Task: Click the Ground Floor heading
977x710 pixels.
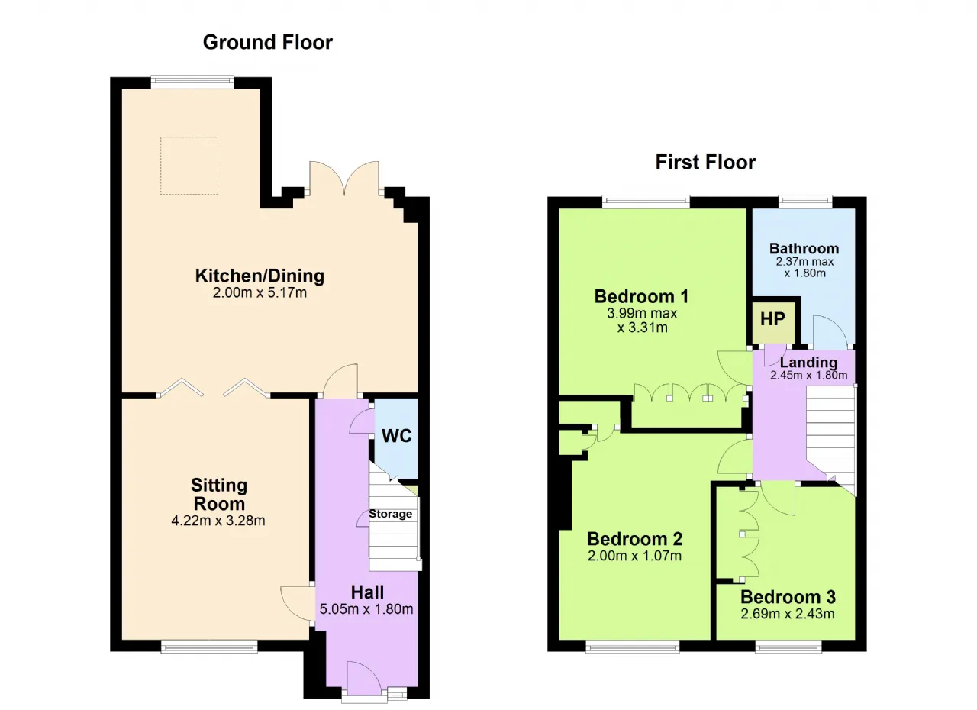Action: [x=267, y=42]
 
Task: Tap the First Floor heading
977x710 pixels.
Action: [x=705, y=162]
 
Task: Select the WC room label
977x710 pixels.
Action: [x=396, y=436]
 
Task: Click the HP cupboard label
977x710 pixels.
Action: [x=772, y=319]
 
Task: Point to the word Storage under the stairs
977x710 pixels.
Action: [x=390, y=514]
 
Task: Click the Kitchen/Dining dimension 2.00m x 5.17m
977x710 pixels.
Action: [x=260, y=292]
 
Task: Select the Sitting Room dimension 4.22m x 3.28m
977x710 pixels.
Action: [x=218, y=521]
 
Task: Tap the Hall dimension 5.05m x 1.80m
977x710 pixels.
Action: [x=366, y=608]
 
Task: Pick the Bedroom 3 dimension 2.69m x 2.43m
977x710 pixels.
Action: [x=788, y=614]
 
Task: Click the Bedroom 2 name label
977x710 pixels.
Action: [x=634, y=539]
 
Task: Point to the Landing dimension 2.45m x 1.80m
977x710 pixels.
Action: [x=808, y=375]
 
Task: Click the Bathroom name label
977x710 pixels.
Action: [x=804, y=249]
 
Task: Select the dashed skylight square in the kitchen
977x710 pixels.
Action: [x=189, y=166]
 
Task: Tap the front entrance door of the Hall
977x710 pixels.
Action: [x=365, y=679]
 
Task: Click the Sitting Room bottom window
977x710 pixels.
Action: [x=209, y=647]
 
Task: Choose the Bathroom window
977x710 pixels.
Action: [x=805, y=202]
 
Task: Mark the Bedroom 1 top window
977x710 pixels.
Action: [x=646, y=202]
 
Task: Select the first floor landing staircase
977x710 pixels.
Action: [x=831, y=441]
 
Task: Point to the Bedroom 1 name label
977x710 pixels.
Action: [x=642, y=296]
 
